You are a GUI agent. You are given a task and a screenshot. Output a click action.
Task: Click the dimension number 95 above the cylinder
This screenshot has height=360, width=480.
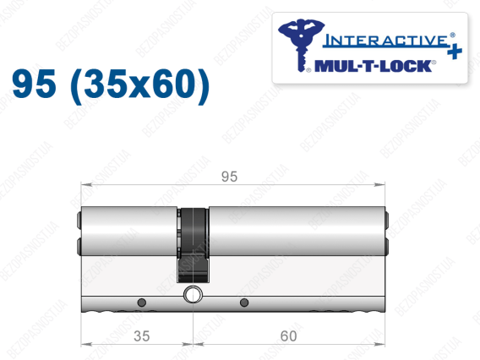pos(229,177)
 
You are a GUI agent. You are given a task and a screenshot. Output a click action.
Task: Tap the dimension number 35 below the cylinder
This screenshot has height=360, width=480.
pos(142,336)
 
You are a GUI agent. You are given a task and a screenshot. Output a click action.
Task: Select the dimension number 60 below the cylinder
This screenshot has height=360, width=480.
pos(288,336)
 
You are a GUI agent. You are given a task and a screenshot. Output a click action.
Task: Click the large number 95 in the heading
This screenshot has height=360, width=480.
pos(34,84)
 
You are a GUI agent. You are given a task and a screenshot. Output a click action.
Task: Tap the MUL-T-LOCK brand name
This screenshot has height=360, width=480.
pos(373,66)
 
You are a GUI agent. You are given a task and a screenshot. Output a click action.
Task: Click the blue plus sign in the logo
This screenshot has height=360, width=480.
pos(455,52)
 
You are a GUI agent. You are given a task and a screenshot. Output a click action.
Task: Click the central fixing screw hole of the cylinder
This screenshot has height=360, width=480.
pos(193,295)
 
